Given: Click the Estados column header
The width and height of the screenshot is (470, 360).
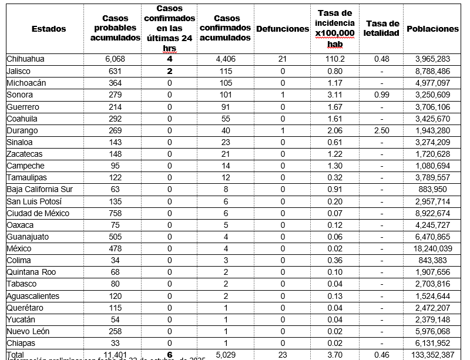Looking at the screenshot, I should (49, 29).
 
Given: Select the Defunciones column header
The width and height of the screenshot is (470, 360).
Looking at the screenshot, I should (283, 29).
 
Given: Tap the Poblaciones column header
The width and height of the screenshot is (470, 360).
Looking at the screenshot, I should (432, 29).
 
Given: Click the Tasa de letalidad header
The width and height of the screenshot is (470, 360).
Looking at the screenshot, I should (382, 28).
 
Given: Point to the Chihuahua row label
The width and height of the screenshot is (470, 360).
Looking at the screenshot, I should (25, 59).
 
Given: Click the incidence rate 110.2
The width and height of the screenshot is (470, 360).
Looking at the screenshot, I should (334, 59).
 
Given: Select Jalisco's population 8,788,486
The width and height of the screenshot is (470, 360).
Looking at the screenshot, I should (432, 71).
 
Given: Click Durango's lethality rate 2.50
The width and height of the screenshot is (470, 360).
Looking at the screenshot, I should (382, 130).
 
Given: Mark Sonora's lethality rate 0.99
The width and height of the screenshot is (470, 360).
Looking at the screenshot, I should (382, 95).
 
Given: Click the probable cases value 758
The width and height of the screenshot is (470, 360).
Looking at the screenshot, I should (116, 213).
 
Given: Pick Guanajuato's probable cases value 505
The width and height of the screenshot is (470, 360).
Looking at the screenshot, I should (116, 237).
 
